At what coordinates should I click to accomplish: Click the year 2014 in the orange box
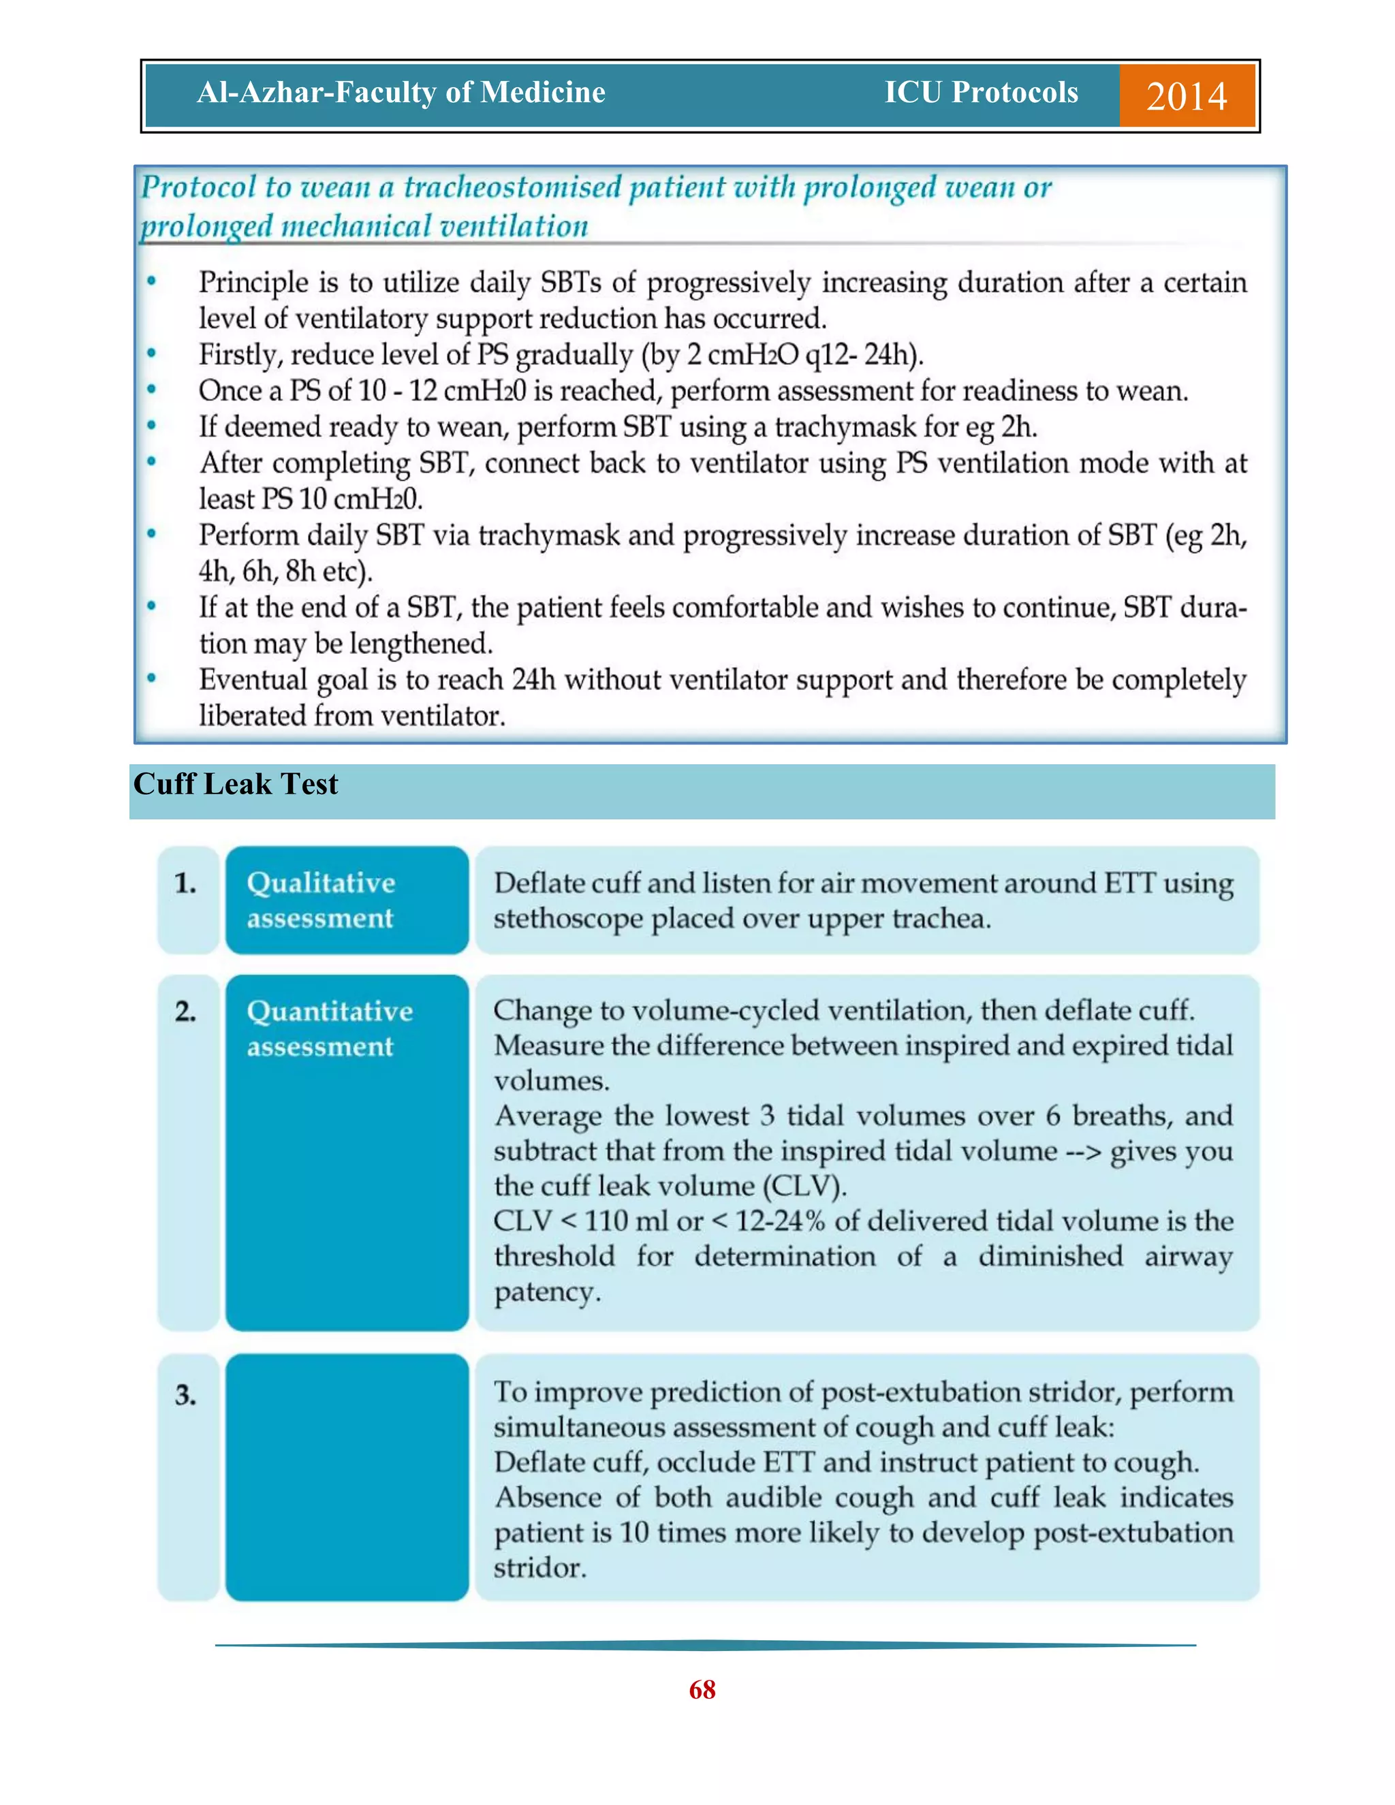pyautogui.click(x=1186, y=96)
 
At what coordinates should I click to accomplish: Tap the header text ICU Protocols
pyautogui.click(x=981, y=92)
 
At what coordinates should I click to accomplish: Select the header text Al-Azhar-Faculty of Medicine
pyautogui.click(x=401, y=92)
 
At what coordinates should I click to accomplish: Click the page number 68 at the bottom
pyautogui.click(x=702, y=1689)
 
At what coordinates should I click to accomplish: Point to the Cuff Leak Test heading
pyautogui.click(x=236, y=783)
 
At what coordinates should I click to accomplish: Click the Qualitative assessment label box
pyautogui.click(x=346, y=900)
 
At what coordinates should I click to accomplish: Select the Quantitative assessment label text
pyautogui.click(x=329, y=1028)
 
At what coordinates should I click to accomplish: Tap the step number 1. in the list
pyautogui.click(x=186, y=883)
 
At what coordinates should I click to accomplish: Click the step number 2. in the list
pyautogui.click(x=186, y=1011)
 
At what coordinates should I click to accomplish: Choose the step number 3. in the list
pyautogui.click(x=186, y=1396)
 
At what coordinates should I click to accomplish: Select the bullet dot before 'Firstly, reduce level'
pyautogui.click(x=151, y=354)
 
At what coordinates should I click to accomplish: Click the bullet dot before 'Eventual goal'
pyautogui.click(x=151, y=678)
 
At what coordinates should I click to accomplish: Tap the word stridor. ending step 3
pyautogui.click(x=539, y=1568)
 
